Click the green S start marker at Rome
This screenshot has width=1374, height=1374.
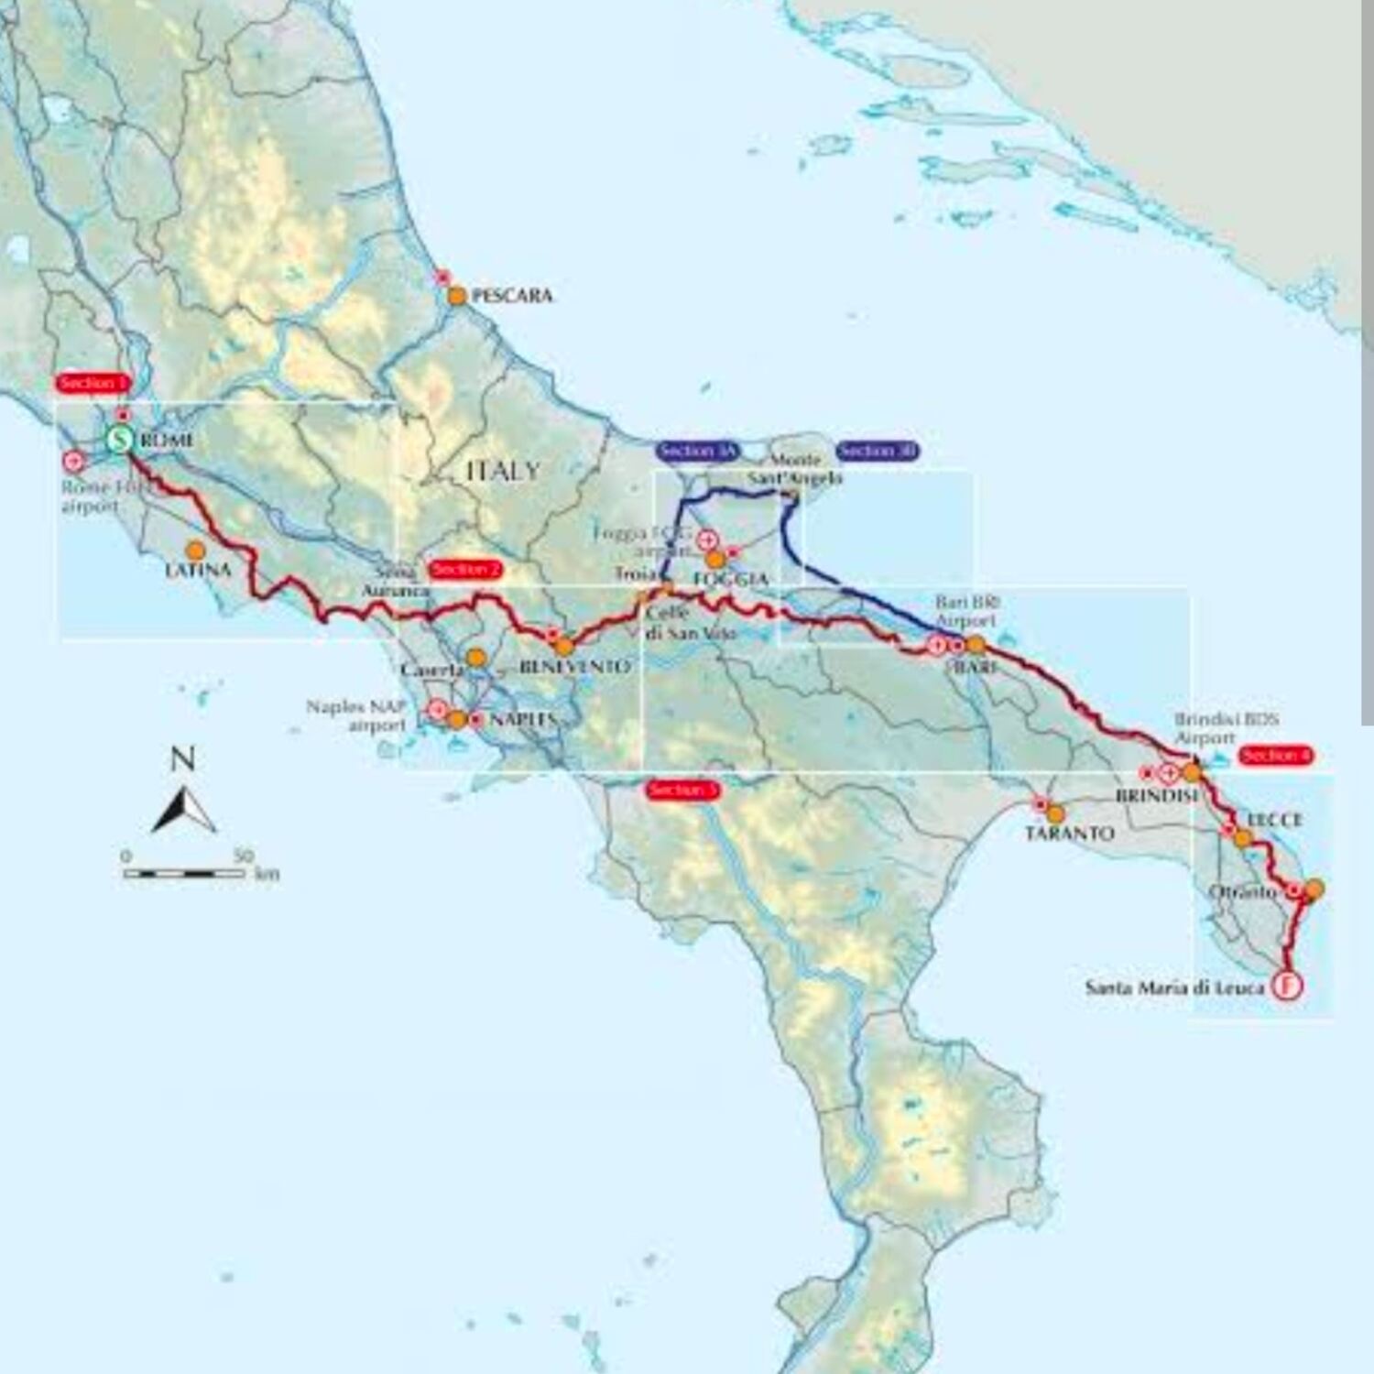click(119, 440)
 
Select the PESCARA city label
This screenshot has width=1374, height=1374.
click(511, 296)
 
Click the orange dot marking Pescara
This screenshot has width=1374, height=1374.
click(456, 296)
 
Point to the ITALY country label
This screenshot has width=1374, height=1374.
click(503, 471)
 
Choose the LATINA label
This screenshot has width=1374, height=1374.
click(198, 570)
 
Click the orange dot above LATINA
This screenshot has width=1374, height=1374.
click(195, 551)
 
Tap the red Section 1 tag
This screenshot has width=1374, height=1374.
click(93, 383)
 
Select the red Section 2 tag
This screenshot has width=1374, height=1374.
click(464, 569)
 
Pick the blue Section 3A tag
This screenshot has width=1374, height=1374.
click(697, 451)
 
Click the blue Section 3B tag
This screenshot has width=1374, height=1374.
click(877, 451)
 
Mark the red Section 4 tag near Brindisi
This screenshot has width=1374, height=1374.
click(1275, 756)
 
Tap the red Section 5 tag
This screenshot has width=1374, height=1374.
click(682, 790)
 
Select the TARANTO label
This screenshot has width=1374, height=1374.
click(1069, 834)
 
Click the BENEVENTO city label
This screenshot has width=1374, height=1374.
click(574, 667)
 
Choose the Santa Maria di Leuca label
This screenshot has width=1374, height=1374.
click(1174, 987)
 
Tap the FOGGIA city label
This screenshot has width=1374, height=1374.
click(730, 579)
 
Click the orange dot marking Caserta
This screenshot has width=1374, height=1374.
click(475, 658)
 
